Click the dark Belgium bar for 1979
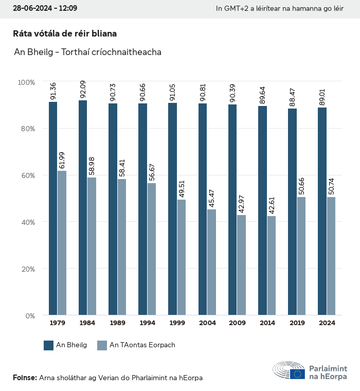point(53,208)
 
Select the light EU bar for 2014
point(271,265)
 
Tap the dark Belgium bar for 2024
point(322,211)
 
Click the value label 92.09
point(83,90)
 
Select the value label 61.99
point(62,161)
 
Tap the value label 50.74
point(331,187)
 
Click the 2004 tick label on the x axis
point(207,323)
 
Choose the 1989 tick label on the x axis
point(117,323)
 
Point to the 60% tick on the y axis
point(26,175)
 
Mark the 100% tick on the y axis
point(26,82)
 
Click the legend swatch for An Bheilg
point(49,345)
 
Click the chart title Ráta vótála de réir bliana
point(65,33)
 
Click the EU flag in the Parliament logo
point(297,374)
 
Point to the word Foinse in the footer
point(24,378)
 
